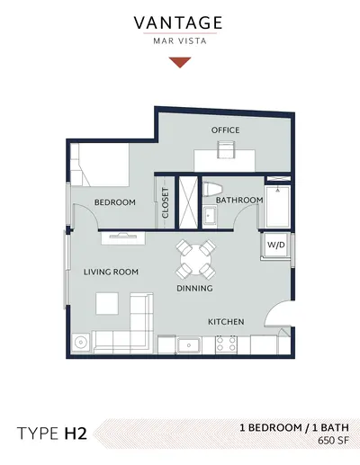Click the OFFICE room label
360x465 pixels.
coord(225,130)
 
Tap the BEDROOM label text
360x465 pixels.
coord(115,202)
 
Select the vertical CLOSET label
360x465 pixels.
coord(166,203)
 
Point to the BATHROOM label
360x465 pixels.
coord(239,200)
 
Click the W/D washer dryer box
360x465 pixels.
coord(276,245)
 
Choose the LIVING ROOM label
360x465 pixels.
coord(111,272)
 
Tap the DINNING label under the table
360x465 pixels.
coord(194,289)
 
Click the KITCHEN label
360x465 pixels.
coord(226,322)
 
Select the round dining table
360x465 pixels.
coord(195,260)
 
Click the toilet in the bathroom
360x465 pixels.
coord(212,190)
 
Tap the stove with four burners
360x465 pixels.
coord(226,344)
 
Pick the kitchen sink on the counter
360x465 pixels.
coord(189,345)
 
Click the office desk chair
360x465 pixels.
coord(227,149)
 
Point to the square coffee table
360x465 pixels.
coord(107,304)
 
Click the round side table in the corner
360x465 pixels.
coord(81,342)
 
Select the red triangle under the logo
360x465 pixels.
coord(180,61)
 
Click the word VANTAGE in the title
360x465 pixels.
coord(178,22)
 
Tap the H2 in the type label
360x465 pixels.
coord(76,434)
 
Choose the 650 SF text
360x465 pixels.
coord(334,441)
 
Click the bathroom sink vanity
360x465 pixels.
coord(210,216)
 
